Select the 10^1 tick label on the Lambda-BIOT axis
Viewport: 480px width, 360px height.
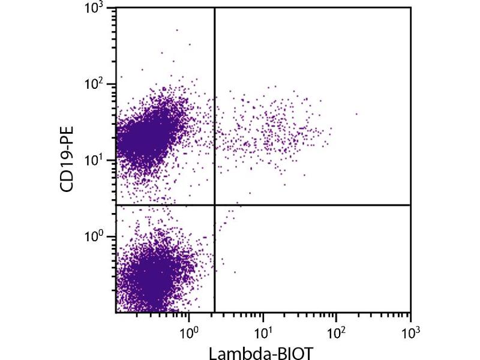pos(262,331)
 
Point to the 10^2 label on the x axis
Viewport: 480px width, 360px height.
pos(336,331)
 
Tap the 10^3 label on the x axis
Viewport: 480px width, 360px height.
pos(410,331)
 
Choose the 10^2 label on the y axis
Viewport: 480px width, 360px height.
pos(96,84)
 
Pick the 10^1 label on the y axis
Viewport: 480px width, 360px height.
pos(96,160)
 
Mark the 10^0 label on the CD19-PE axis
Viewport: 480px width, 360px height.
pos(96,236)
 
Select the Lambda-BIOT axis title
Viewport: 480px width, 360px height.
pos(262,352)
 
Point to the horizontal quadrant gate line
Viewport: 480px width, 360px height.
pos(312,205)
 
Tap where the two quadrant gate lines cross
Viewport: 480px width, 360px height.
pos(214,205)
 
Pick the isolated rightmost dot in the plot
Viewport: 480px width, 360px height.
pos(356,113)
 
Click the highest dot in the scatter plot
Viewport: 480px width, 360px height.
pos(176,29)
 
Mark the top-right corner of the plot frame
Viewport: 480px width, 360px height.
pos(411,7)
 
